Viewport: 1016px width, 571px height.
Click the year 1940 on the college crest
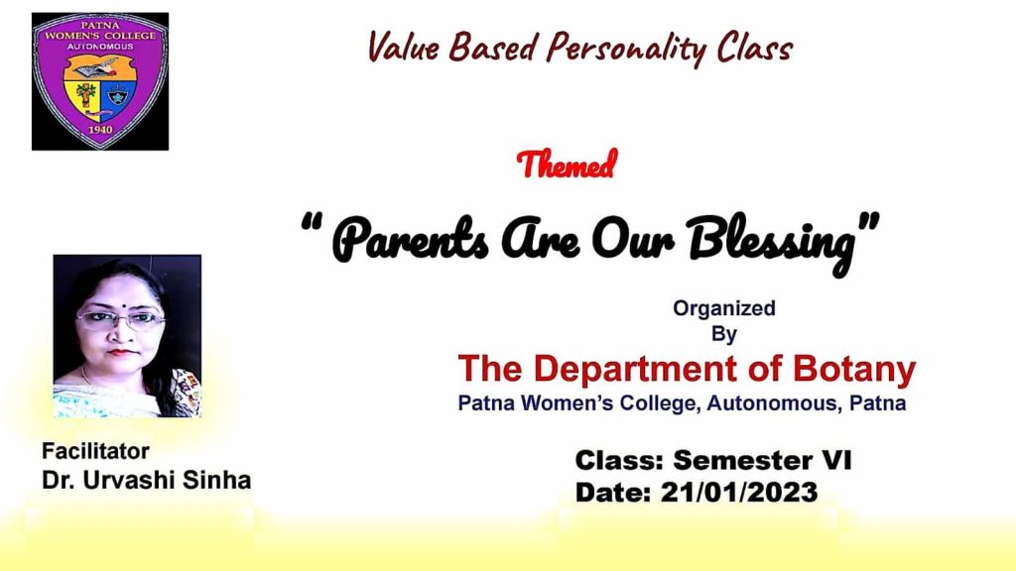click(x=100, y=129)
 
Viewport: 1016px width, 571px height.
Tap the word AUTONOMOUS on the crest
click(x=100, y=47)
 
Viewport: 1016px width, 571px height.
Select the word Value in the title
click(x=403, y=47)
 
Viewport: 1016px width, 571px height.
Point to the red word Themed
click(x=567, y=165)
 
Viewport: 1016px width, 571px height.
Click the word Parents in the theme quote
click(x=411, y=241)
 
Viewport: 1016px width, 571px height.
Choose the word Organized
click(x=723, y=309)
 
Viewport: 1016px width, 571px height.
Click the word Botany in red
click(x=854, y=370)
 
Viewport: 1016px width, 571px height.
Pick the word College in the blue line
click(x=660, y=403)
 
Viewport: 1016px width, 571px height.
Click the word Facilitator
click(x=95, y=451)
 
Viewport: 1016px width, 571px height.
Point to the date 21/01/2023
click(x=739, y=493)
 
